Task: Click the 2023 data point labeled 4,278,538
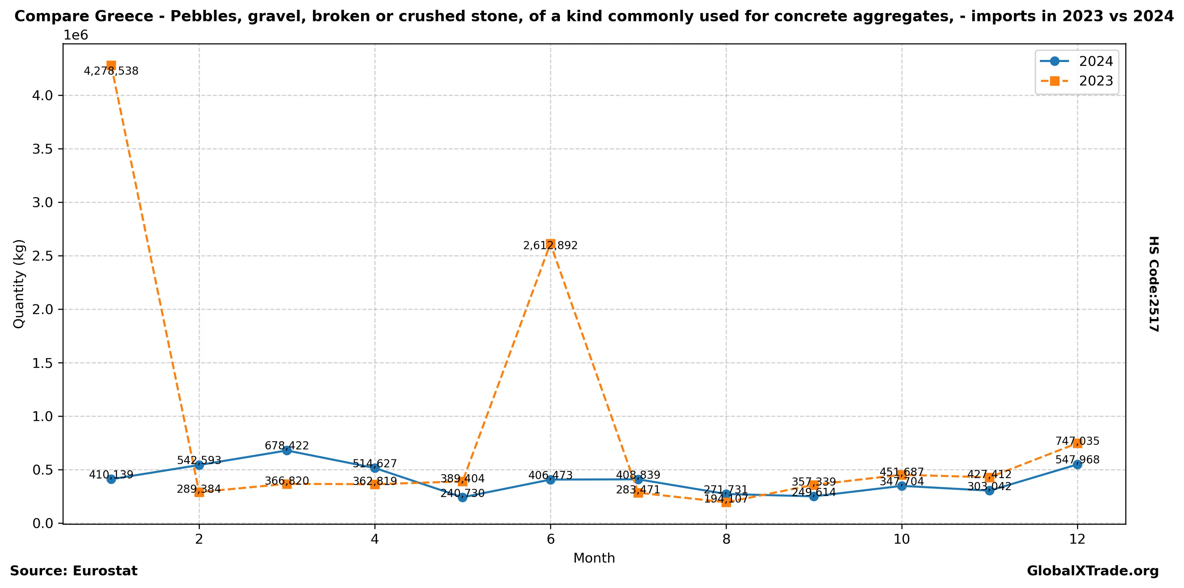coord(111,65)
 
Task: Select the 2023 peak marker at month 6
coord(550,244)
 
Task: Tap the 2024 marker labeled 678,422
coord(287,451)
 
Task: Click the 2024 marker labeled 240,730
coord(463,497)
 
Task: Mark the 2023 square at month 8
coord(726,502)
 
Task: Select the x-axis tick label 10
coord(901,539)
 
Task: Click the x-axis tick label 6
coord(550,539)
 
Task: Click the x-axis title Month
coord(594,558)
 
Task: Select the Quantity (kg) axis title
coord(19,284)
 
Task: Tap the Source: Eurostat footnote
coord(74,571)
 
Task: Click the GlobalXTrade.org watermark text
coord(1092,571)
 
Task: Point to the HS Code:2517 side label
coord(1154,284)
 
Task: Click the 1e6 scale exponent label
coord(75,35)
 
